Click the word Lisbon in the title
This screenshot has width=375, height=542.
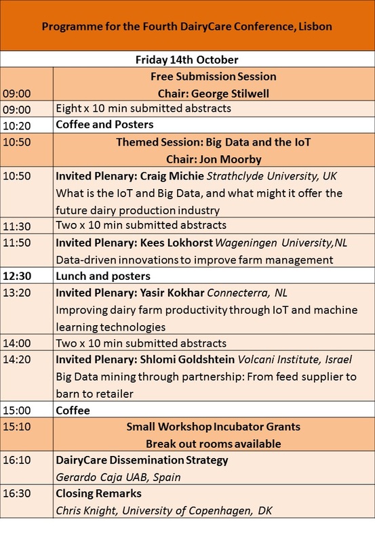click(x=315, y=26)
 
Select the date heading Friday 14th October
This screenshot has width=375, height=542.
click(x=186, y=60)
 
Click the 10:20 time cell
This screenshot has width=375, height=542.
click(x=17, y=126)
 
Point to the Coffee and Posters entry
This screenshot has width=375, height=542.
click(x=104, y=125)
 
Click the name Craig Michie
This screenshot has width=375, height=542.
click(x=172, y=176)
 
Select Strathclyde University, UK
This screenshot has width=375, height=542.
click(x=271, y=176)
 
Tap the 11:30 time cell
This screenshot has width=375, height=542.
click(x=17, y=226)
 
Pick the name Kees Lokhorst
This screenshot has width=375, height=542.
click(x=176, y=243)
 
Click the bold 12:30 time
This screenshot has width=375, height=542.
click(x=17, y=276)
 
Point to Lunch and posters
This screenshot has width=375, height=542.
click(x=103, y=276)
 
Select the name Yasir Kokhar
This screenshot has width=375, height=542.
click(x=172, y=293)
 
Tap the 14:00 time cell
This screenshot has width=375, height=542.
click(x=17, y=343)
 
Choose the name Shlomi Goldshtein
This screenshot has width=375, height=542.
click(x=187, y=360)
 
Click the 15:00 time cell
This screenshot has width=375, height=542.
click(x=17, y=411)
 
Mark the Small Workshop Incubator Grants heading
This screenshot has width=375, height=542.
click(x=213, y=427)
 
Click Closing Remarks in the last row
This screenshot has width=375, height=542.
click(x=98, y=494)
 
